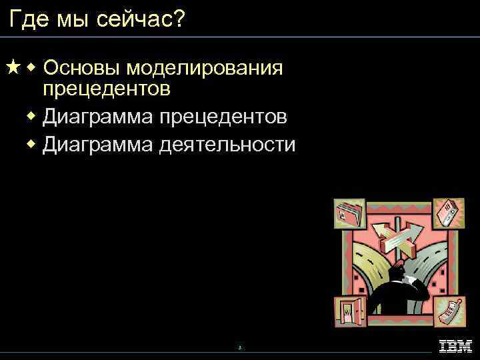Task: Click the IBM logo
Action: click(455, 345)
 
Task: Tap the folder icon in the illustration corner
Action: click(350, 213)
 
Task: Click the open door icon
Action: click(351, 309)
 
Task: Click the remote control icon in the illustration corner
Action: click(447, 213)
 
